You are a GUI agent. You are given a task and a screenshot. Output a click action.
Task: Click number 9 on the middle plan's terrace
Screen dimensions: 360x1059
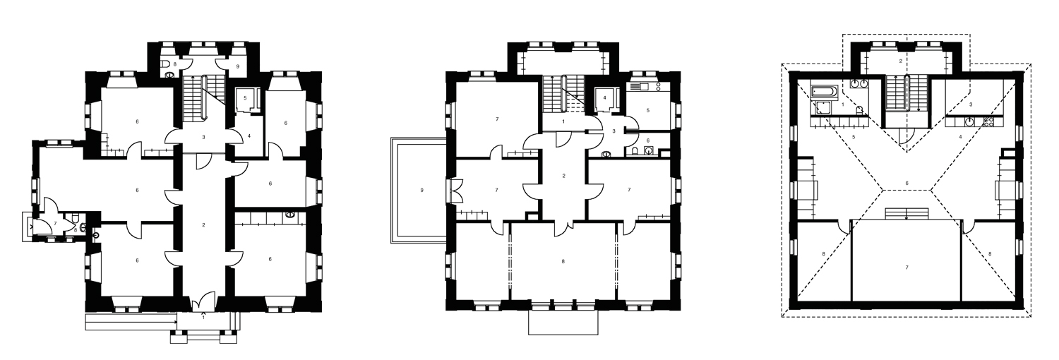point(421,190)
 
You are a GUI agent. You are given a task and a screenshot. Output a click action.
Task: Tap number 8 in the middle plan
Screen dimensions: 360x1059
point(563,263)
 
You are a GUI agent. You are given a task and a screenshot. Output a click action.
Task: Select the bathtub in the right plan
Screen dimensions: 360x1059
point(824,91)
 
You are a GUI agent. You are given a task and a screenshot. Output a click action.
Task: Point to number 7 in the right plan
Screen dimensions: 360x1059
point(907,268)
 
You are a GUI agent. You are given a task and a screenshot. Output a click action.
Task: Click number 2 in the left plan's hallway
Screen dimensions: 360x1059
point(203,225)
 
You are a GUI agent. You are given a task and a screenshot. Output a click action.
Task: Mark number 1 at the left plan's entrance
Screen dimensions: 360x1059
point(203,317)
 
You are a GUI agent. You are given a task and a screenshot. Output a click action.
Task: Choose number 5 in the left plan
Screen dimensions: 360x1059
point(244,98)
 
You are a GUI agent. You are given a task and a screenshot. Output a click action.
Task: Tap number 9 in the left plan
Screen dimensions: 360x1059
point(238,66)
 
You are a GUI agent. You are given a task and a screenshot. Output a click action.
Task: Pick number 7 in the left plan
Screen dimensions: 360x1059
point(54,223)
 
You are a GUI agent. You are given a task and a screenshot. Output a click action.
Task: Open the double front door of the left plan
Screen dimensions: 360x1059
point(203,302)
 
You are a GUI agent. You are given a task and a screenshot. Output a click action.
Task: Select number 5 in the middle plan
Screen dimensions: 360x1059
point(647,110)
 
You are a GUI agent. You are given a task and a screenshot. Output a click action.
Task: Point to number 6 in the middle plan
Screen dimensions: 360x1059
point(648,140)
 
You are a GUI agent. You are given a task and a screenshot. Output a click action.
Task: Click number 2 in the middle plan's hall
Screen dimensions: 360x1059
point(563,176)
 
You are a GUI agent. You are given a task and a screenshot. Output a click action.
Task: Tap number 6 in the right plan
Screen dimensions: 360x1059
point(907,184)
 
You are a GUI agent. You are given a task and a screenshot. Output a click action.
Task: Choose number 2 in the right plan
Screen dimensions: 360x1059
point(901,62)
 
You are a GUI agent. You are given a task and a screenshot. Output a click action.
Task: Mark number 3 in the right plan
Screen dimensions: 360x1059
point(971,104)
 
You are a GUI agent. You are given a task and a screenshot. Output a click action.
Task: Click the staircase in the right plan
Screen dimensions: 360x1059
point(897,93)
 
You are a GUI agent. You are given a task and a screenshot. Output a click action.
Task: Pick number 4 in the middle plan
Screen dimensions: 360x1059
point(604,97)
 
